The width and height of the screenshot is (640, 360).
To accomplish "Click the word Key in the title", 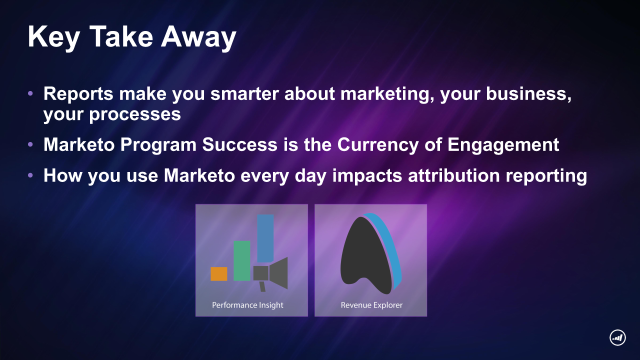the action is (x=53, y=37).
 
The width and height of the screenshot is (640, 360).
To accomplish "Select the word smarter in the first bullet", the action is (x=244, y=93).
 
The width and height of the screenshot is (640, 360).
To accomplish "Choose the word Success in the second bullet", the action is (x=239, y=144).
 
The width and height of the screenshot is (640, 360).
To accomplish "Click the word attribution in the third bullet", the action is (x=454, y=175).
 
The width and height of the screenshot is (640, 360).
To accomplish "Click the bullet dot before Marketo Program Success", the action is (x=30, y=144).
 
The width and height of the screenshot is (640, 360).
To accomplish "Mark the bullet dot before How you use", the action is (x=30, y=175).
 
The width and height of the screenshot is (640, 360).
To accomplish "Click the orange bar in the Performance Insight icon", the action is (x=219, y=274).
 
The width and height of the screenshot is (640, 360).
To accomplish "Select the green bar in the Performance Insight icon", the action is (x=242, y=261).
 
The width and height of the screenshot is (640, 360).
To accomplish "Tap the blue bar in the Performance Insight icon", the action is (x=265, y=238).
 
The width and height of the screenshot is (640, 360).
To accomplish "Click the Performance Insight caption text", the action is (x=247, y=305).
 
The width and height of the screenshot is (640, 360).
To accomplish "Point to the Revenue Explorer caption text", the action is (x=371, y=305).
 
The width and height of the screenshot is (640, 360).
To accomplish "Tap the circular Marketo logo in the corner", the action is (x=617, y=337).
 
